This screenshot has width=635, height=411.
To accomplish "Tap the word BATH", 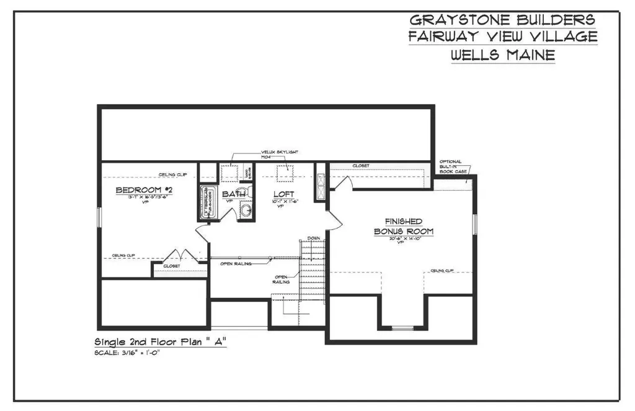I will [230, 194].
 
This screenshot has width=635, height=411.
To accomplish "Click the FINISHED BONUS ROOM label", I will [403, 226].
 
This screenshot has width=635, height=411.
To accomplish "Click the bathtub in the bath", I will [206, 202].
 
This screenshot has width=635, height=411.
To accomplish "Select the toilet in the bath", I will [247, 174].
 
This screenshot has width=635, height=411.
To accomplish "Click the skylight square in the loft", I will [286, 173].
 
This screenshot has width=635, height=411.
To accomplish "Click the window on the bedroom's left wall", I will [99, 217].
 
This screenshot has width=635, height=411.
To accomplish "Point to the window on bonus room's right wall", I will [475, 223].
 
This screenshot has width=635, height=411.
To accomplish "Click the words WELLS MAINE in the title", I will [502, 55].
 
